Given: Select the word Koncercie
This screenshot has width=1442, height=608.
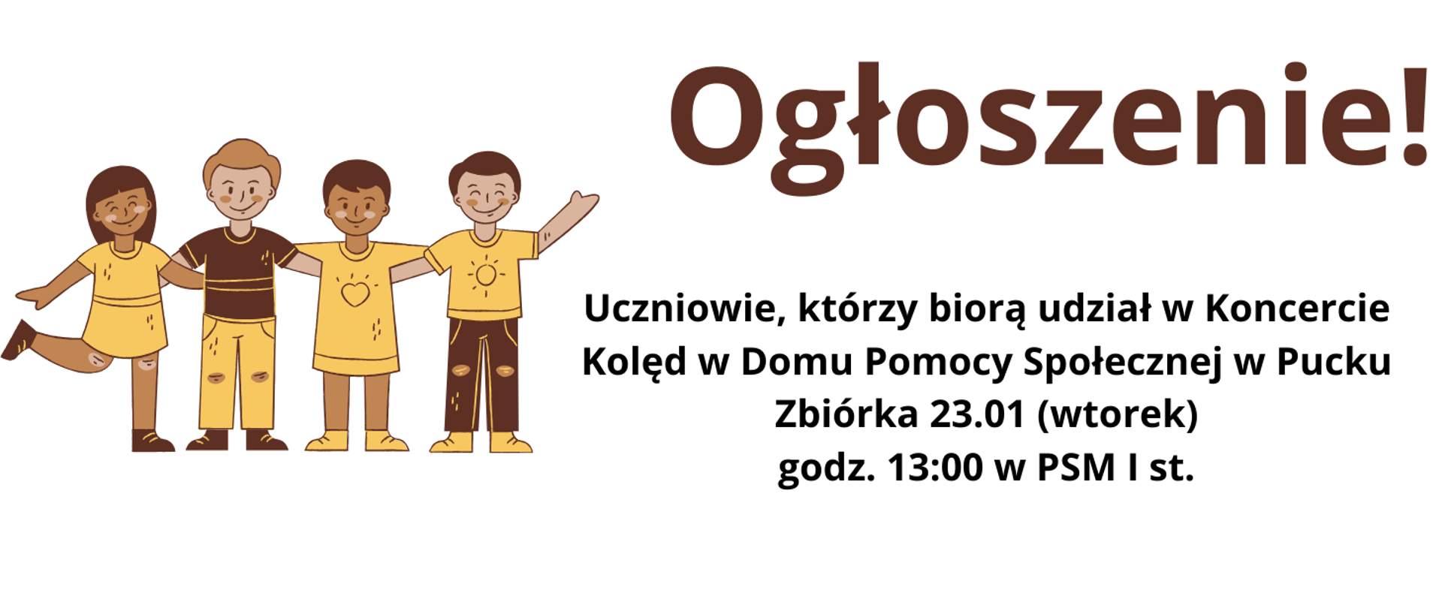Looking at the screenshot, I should pos(1297,309).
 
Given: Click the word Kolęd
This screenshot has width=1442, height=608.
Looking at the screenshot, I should pos(634,362).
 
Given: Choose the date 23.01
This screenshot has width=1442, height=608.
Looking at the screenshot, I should pos(977,414).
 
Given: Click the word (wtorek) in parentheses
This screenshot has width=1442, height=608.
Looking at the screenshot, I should pos(1117,414).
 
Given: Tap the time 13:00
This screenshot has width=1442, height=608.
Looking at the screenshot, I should pos(934,468).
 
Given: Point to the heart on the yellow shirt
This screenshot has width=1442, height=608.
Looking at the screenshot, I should pos(355,293).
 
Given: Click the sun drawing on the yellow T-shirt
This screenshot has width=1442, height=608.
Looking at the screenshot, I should pos(485,275).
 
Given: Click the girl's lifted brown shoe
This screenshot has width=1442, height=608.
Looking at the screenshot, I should pos(18,339).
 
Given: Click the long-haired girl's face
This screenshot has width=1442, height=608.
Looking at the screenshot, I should pos(122,207).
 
